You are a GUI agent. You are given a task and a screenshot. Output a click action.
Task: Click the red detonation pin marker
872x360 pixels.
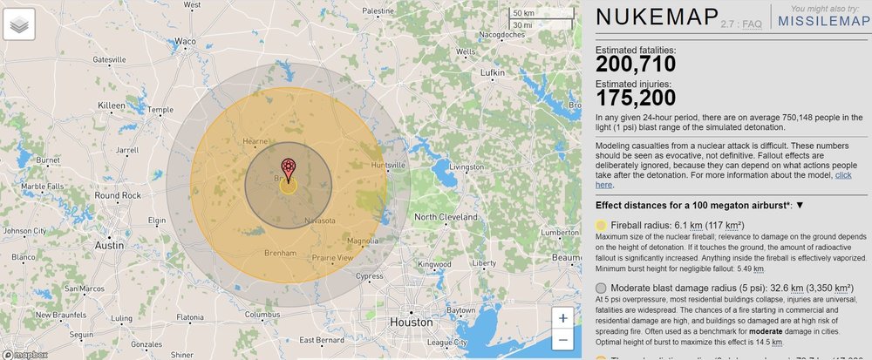288,168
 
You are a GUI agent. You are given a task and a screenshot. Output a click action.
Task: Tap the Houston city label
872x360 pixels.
411,322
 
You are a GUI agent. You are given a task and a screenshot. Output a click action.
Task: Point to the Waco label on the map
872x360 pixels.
185,41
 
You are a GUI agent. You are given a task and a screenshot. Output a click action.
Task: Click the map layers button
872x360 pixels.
19,24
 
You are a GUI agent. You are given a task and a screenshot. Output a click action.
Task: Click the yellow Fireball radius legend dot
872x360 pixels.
602,225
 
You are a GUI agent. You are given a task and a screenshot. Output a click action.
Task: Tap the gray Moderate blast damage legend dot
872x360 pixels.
602,287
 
